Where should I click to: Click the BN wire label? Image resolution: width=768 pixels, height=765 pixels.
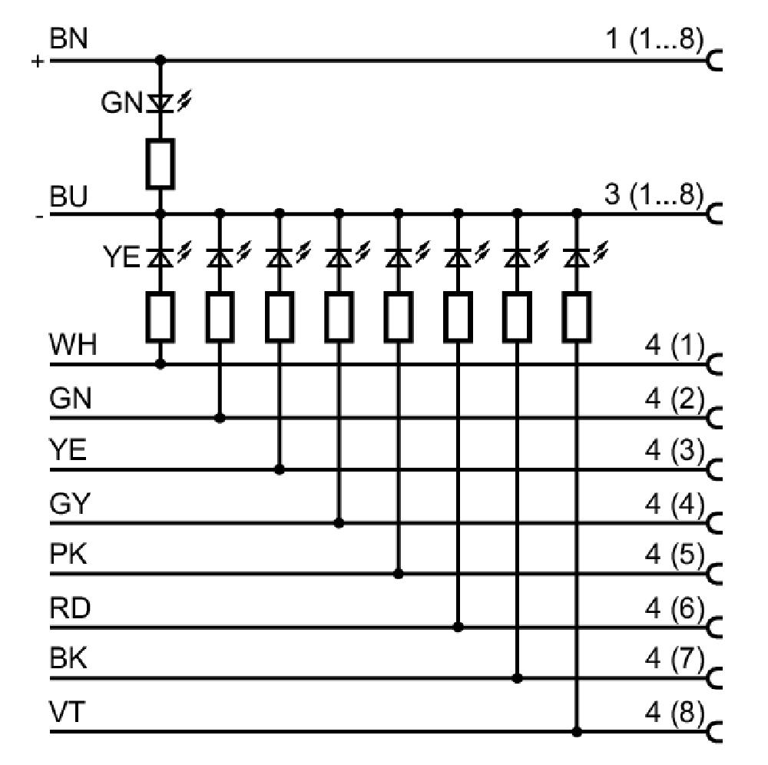point(68,38)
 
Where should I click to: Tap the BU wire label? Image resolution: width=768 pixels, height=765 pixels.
point(68,197)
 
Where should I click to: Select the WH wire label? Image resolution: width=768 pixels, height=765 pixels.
point(73,344)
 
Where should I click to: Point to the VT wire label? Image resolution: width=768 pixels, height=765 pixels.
point(67,712)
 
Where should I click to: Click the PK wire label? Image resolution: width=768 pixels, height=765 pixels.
point(68,555)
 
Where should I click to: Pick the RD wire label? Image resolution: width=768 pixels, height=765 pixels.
point(70,608)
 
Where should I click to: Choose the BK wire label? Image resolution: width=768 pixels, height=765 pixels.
point(68,658)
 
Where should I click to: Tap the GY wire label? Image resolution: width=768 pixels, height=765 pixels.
point(70,503)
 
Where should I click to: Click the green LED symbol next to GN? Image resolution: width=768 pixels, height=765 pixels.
point(167,104)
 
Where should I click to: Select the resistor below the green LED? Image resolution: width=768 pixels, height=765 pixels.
point(161,164)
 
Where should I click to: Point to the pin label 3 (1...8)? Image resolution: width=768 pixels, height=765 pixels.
point(654,194)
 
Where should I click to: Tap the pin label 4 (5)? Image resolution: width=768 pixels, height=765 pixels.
point(674,555)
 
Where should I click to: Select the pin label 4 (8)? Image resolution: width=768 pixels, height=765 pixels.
point(674,712)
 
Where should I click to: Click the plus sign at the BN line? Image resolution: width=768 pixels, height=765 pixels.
point(38,61)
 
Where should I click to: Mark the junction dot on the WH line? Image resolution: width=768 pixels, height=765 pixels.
point(161,364)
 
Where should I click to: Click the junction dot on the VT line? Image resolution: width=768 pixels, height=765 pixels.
point(577,732)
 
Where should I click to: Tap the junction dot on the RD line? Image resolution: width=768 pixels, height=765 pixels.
point(458,627)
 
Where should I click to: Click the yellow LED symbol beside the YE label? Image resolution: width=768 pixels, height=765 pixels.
point(167,256)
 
